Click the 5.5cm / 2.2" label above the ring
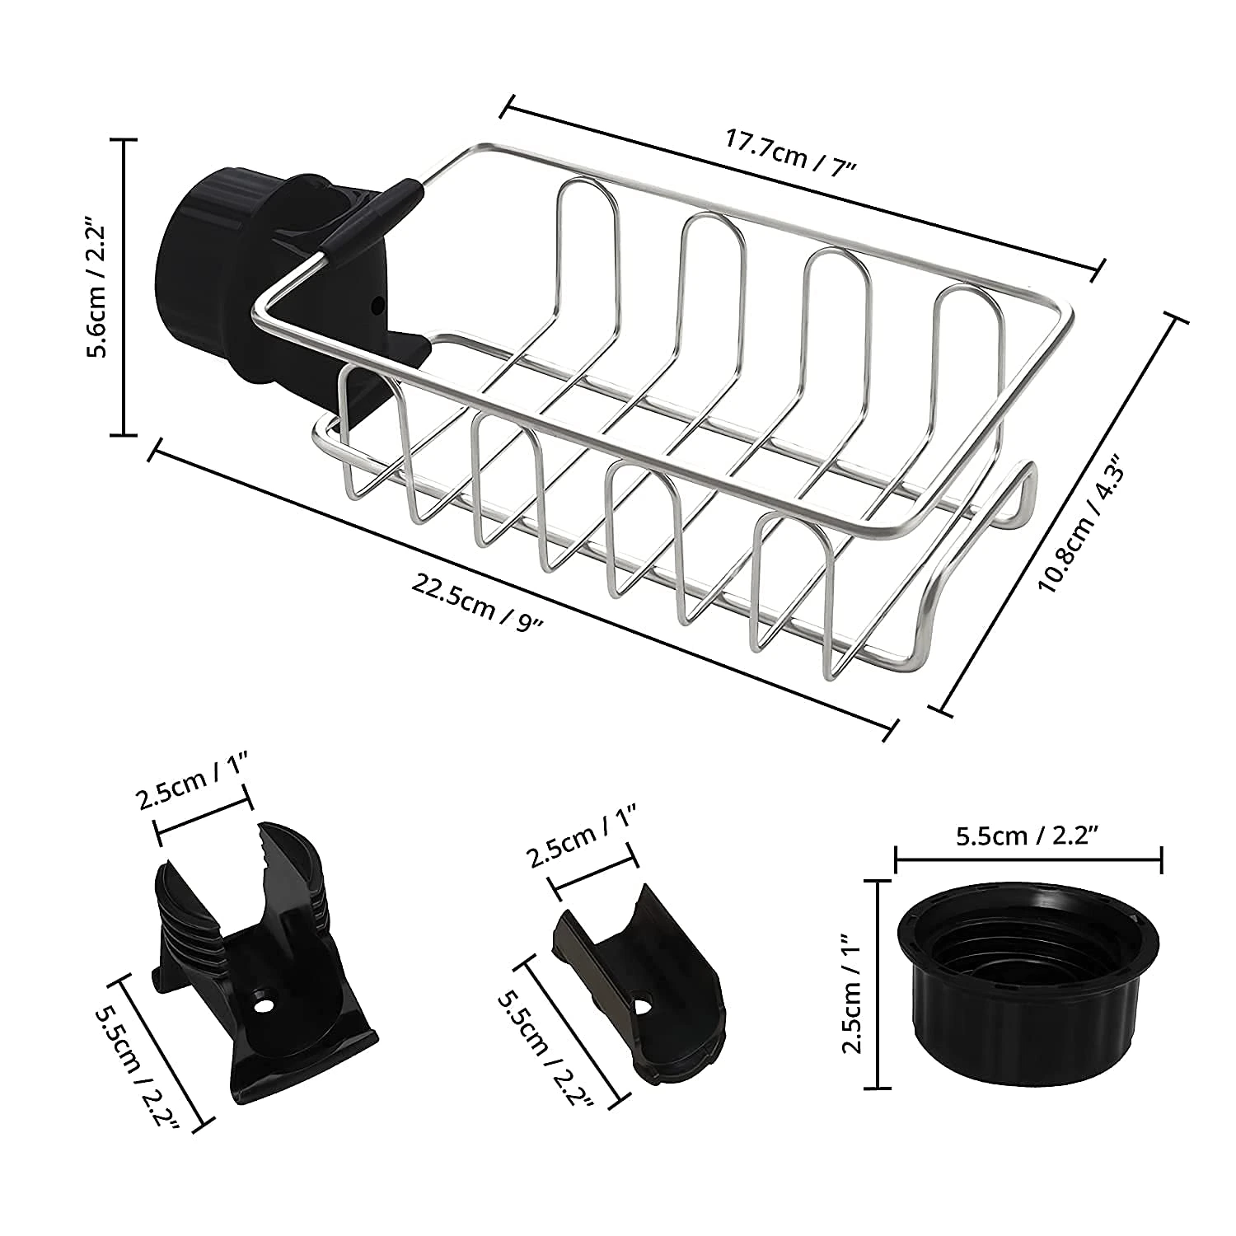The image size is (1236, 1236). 1028,836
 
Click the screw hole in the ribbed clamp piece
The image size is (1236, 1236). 264,1006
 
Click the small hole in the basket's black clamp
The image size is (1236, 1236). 378,305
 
